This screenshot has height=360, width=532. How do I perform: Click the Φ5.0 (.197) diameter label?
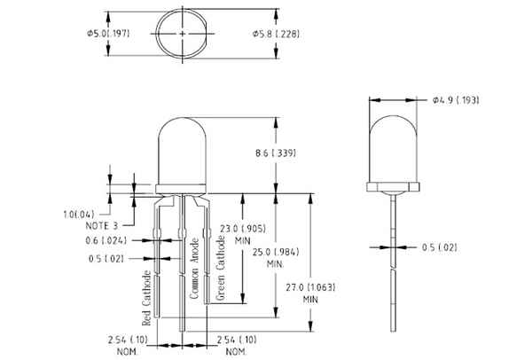108,34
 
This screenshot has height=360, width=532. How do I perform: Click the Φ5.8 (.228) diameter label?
276,34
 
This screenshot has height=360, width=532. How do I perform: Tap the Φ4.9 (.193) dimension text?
456,100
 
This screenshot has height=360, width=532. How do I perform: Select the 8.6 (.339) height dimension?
276,153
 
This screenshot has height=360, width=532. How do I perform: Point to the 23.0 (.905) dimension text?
243,229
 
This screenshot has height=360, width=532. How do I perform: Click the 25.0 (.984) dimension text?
276,252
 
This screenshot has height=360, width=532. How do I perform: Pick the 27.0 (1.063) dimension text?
310,287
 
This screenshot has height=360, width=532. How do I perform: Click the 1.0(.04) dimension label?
79,215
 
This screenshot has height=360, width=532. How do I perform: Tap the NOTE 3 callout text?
102,225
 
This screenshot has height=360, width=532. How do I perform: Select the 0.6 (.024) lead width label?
106,240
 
